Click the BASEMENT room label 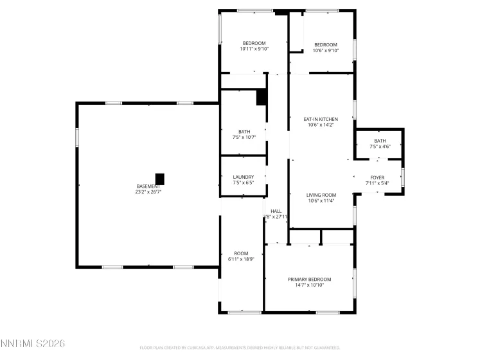coord(147,186)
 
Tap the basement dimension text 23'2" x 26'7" coord(148,192)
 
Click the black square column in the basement coord(160,178)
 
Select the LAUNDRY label coord(243,177)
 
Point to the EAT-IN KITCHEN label coord(321,119)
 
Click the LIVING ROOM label coord(321,195)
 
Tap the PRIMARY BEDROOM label coord(309,279)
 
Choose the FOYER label coord(377,177)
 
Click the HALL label coord(276,211)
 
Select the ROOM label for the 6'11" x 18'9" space coord(241,253)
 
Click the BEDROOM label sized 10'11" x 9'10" coord(254,43)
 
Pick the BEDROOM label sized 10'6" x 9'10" coord(325,44)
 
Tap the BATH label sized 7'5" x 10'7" coord(244,131)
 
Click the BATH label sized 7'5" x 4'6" coord(380,141)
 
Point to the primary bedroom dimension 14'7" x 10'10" coord(309,285)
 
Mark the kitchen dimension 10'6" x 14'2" coord(321,125)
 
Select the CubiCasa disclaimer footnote coord(240,348)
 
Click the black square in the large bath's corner coord(261,97)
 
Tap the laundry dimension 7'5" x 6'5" coord(243,183)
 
